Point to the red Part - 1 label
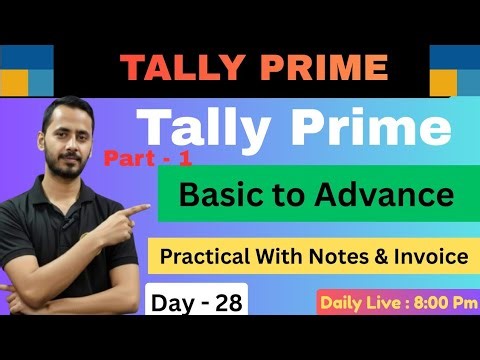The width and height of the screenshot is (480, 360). click(x=141, y=157)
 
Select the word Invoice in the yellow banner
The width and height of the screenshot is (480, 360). click(x=435, y=257)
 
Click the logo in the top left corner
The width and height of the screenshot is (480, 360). click(x=26, y=69)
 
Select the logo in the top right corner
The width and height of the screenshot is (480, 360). click(x=453, y=69)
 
